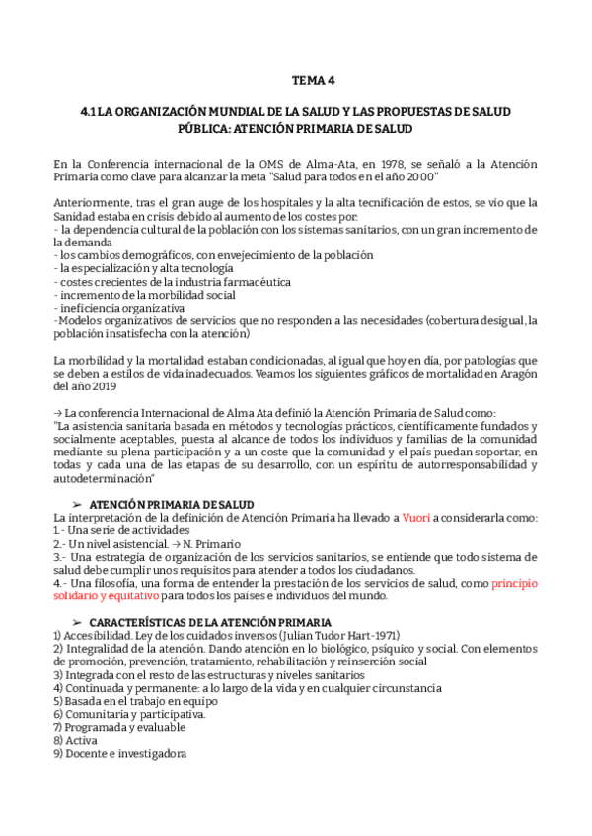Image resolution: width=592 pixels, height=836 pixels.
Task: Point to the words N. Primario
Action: point(209,543)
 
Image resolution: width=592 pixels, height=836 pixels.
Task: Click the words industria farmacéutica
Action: point(226,281)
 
